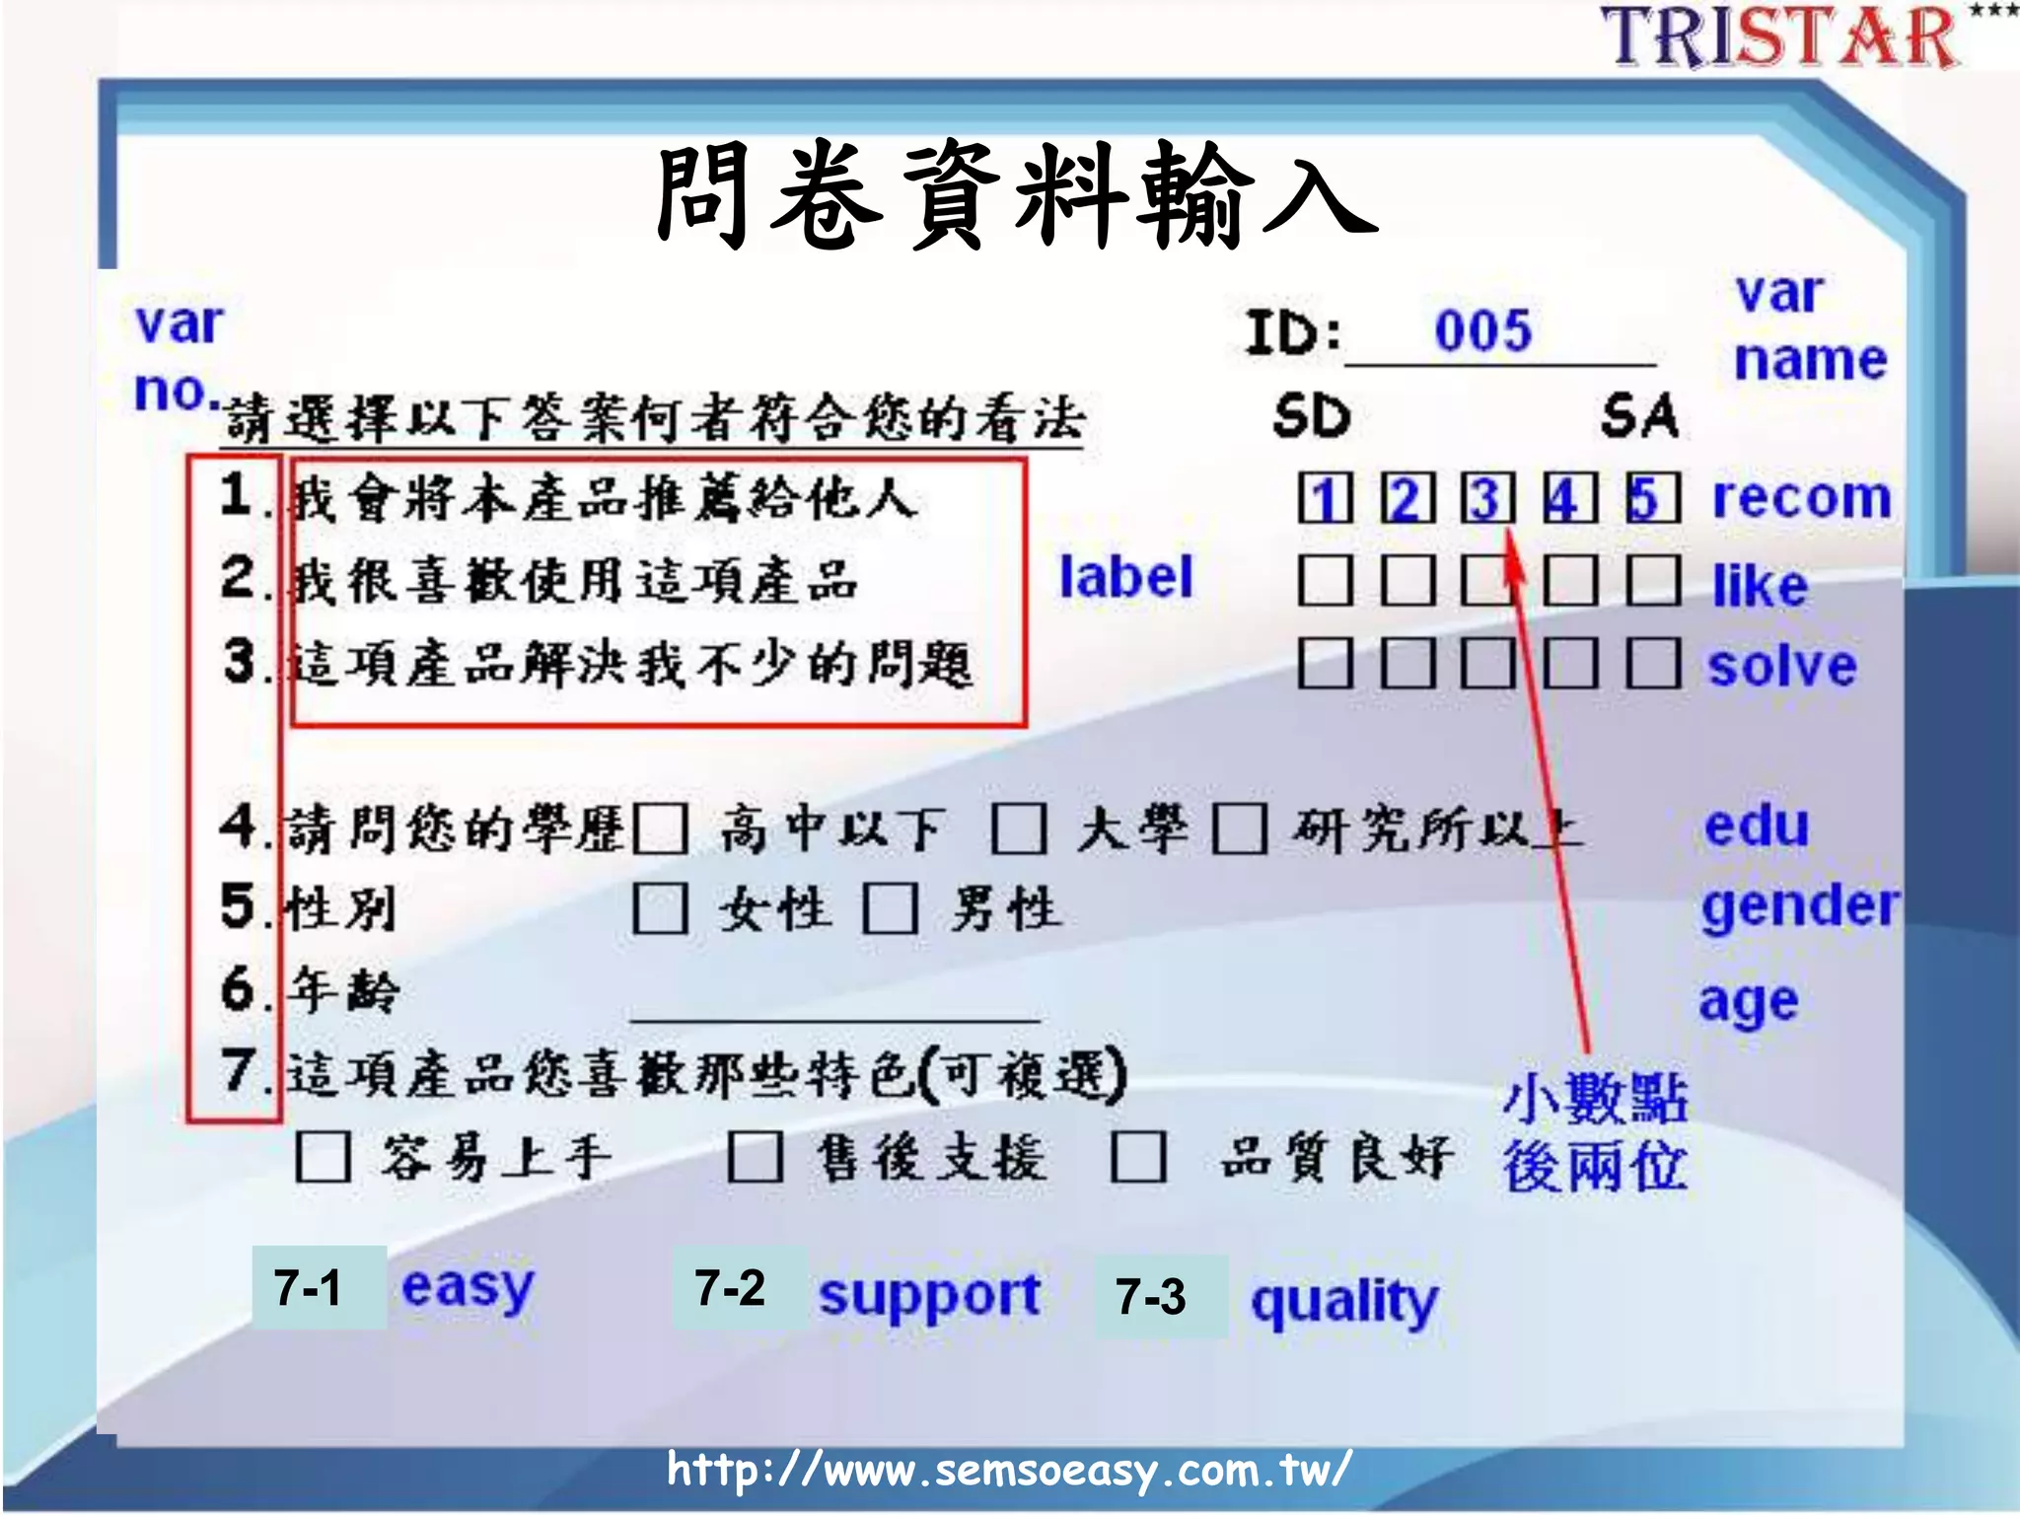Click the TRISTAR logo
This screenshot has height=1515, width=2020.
tap(1780, 37)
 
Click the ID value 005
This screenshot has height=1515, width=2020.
tap(1482, 330)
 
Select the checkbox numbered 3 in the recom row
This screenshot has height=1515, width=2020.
tap(1487, 498)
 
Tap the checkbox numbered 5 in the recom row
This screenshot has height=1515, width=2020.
tap(1652, 498)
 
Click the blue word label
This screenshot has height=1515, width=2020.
tap(1125, 577)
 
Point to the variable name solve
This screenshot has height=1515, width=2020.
tap(1782, 666)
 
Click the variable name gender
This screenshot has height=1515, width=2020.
tap(1800, 905)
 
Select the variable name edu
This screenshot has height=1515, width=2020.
tap(1757, 826)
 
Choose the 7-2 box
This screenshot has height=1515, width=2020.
tap(730, 1288)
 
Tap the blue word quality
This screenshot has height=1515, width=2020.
tap(1344, 1301)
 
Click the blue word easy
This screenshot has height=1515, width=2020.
tap(468, 1288)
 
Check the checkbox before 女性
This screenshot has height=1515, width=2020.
tap(660, 907)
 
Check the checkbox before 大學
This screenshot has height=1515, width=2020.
tap(1019, 829)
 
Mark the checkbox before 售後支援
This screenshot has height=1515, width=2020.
tap(756, 1157)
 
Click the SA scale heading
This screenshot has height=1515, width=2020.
tap(1639, 415)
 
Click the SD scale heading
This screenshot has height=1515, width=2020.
tap(1311, 415)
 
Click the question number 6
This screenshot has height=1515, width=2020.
tap(238, 988)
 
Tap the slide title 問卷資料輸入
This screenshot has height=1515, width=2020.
tap(1016, 194)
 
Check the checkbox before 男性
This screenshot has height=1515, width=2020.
tap(891, 907)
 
